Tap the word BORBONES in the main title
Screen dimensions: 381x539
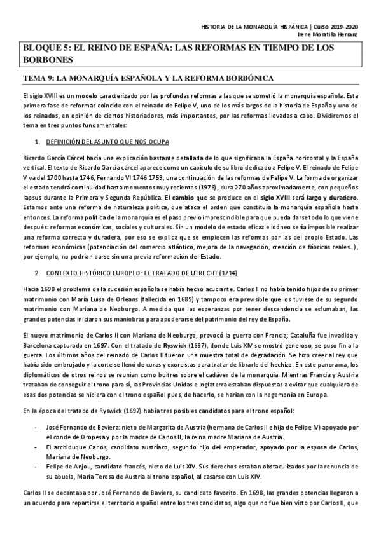coord(45,59)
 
